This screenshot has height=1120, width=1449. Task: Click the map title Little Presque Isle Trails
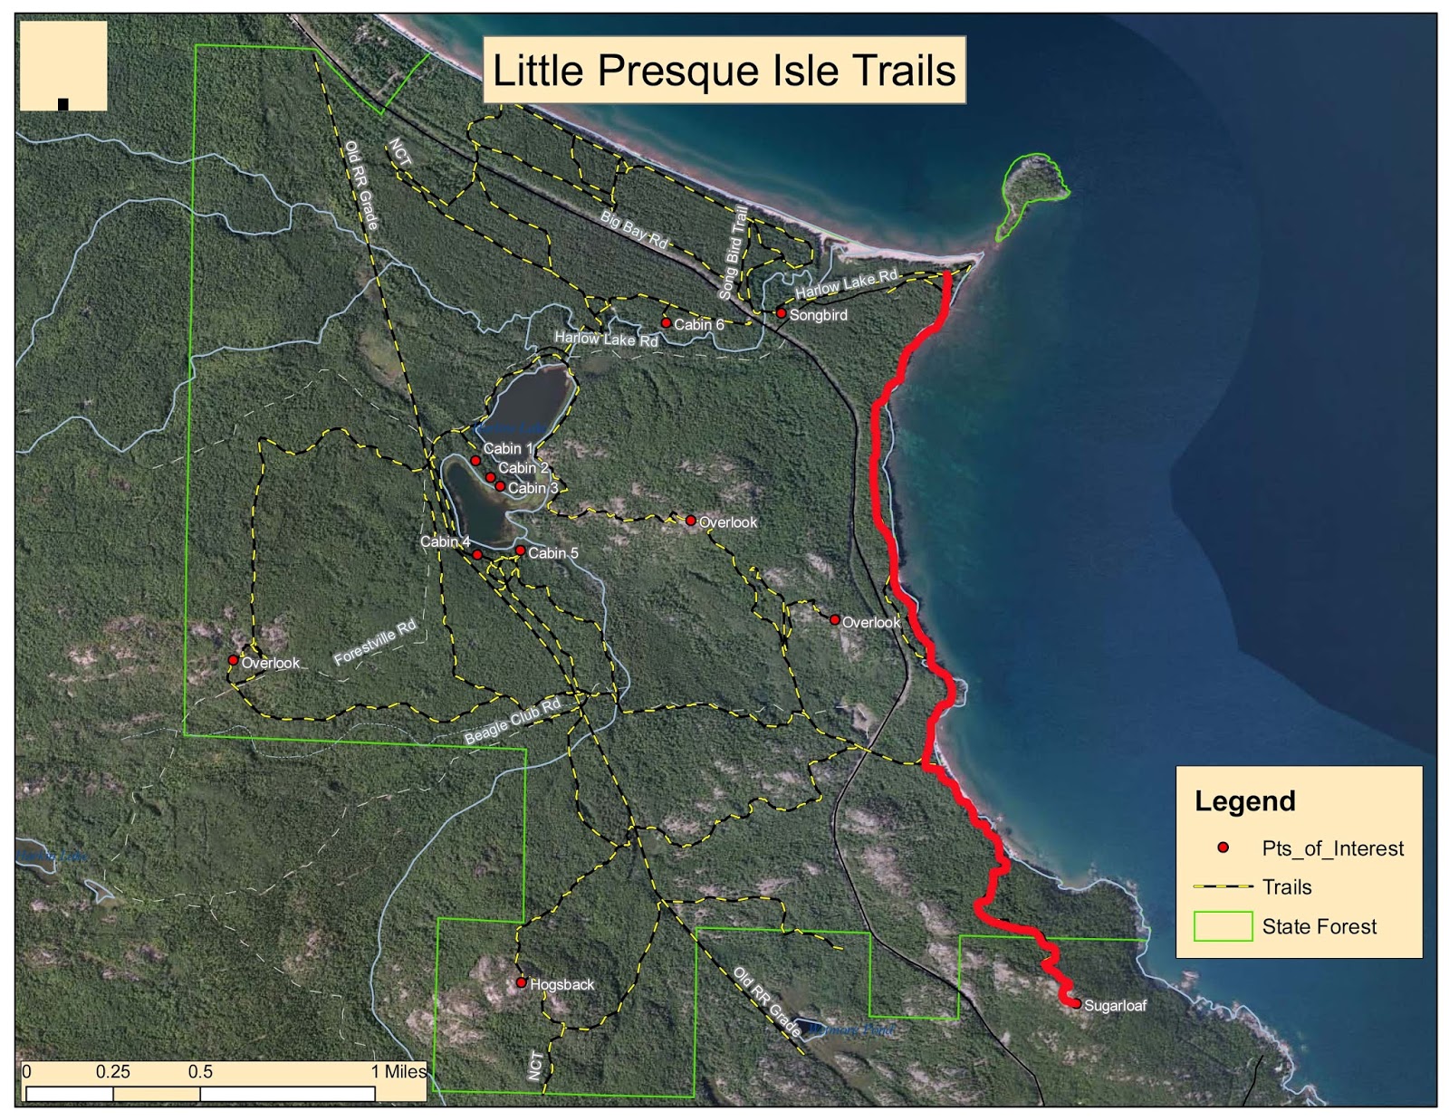point(724,71)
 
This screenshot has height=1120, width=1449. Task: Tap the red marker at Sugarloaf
point(1076,1003)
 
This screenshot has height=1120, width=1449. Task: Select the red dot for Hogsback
point(521,982)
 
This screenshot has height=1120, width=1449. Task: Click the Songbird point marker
point(781,313)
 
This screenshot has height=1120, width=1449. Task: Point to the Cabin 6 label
point(698,324)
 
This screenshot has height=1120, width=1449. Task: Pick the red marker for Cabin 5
point(520,550)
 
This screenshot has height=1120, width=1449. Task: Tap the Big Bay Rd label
point(634,230)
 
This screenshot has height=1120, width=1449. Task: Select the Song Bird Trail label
point(734,253)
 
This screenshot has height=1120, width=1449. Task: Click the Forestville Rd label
point(375,642)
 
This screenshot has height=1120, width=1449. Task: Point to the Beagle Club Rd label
point(513,721)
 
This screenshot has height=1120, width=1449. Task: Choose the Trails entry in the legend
point(1287,887)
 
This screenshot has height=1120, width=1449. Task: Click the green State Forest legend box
point(1223,926)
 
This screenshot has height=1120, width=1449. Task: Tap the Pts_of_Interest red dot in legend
point(1223,847)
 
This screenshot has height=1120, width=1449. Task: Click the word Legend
point(1245,801)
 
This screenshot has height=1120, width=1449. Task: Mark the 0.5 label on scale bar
point(200,1072)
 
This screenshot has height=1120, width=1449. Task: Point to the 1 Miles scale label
point(398,1072)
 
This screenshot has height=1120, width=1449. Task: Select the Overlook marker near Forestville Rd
point(233,660)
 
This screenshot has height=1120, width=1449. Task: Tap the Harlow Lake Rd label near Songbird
point(847,283)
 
